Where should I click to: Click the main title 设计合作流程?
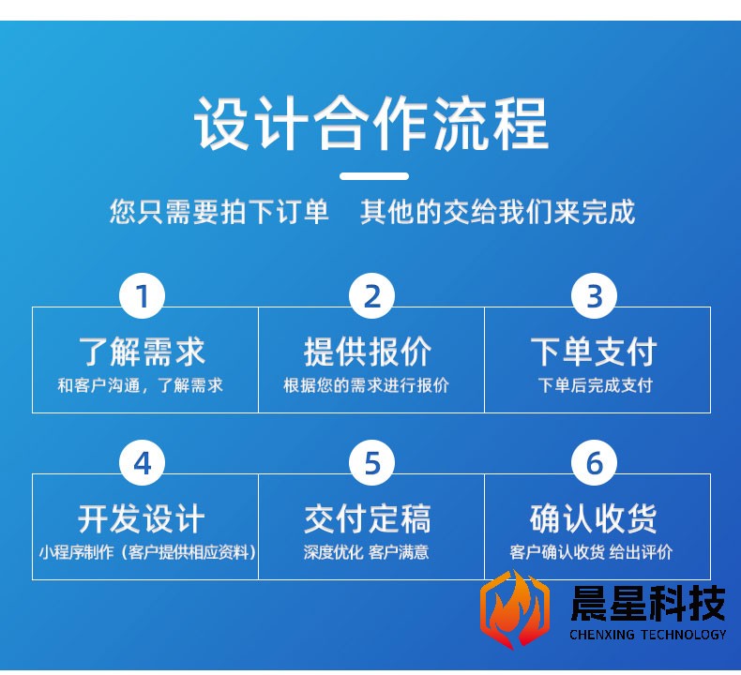pos(371,123)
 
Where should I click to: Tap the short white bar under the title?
pos(374,176)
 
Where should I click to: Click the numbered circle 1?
pos(142,296)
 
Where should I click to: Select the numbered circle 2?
pos(372,296)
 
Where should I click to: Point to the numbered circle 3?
pos(594,296)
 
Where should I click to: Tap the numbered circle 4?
pos(142,463)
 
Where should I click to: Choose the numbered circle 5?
pos(372,463)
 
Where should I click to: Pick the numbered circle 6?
pos(594,463)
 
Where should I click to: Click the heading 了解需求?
pos(142,352)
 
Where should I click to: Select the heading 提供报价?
pos(367,352)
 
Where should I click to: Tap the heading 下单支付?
pos(594,352)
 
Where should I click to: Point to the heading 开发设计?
pos(142,518)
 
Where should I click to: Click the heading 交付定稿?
pos(367,518)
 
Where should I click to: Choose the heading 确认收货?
pos(594,518)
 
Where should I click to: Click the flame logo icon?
pos(515,608)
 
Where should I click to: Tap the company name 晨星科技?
pos(648,603)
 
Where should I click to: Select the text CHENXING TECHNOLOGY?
pos(648,635)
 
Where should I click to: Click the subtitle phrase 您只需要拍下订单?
pos(219,211)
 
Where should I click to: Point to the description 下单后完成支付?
pos(595,385)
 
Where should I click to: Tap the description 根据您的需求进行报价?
pos(366,385)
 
